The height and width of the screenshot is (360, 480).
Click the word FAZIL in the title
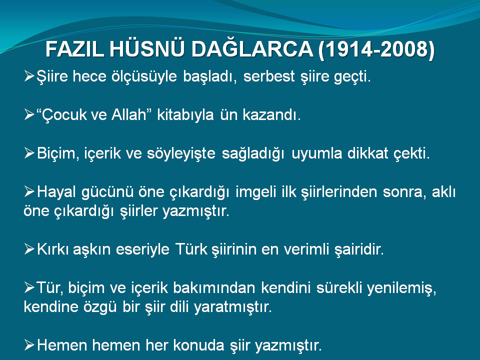(x=75, y=49)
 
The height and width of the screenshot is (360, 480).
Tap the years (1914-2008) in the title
(x=376, y=49)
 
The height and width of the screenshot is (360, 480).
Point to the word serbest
(x=269, y=76)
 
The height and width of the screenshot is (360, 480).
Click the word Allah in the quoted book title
(x=129, y=115)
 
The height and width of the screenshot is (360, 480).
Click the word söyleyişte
(x=181, y=153)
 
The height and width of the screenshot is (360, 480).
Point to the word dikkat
(x=368, y=153)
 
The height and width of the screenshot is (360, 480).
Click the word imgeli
(x=255, y=192)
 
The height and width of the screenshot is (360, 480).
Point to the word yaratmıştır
(x=232, y=307)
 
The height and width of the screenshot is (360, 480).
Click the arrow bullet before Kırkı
(x=29, y=249)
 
